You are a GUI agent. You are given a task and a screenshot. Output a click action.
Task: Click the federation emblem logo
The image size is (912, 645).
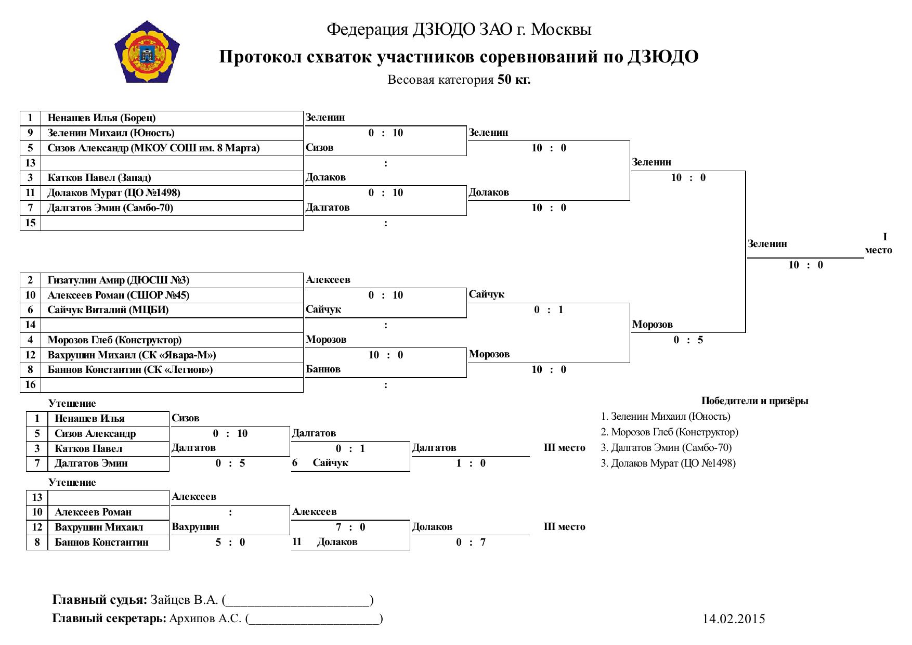click(x=147, y=52)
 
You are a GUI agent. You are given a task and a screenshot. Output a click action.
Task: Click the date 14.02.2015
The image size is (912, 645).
click(x=734, y=619)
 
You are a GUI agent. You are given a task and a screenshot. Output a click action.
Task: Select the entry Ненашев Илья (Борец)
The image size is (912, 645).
click(x=102, y=118)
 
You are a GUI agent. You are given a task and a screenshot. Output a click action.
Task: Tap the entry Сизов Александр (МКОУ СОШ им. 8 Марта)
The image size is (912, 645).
click(x=153, y=148)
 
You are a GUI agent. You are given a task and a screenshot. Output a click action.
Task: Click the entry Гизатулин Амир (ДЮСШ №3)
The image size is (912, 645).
click(x=119, y=280)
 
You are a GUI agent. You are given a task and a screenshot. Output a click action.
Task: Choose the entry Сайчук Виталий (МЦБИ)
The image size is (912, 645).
click(x=108, y=310)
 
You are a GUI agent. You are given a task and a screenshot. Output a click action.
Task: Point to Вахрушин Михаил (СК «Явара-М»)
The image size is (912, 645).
click(x=132, y=355)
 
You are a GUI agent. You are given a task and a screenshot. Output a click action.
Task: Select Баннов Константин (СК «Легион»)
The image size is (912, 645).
click(x=131, y=370)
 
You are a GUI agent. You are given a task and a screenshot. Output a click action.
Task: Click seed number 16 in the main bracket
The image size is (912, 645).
click(x=31, y=385)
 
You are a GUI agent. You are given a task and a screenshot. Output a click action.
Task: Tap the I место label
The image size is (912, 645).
click(x=879, y=244)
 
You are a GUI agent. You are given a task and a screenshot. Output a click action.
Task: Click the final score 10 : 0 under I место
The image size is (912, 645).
click(x=806, y=265)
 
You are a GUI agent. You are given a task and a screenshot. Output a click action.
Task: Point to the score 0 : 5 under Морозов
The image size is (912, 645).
click(x=688, y=340)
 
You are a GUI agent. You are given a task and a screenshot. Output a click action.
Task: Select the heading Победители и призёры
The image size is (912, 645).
click(x=755, y=401)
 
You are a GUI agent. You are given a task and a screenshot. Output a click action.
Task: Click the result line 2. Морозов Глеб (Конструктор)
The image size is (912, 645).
click(x=670, y=432)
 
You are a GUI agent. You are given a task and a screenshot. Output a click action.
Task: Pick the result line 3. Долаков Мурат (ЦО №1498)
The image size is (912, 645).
click(x=669, y=463)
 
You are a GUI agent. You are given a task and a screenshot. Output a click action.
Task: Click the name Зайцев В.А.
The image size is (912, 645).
click(x=185, y=600)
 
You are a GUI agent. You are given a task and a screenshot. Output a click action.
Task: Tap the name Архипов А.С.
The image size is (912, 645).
click(x=205, y=619)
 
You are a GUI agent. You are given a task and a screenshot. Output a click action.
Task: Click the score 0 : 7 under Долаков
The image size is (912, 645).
click(x=471, y=543)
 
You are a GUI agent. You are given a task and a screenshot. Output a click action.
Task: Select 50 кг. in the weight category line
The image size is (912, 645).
click(x=514, y=80)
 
